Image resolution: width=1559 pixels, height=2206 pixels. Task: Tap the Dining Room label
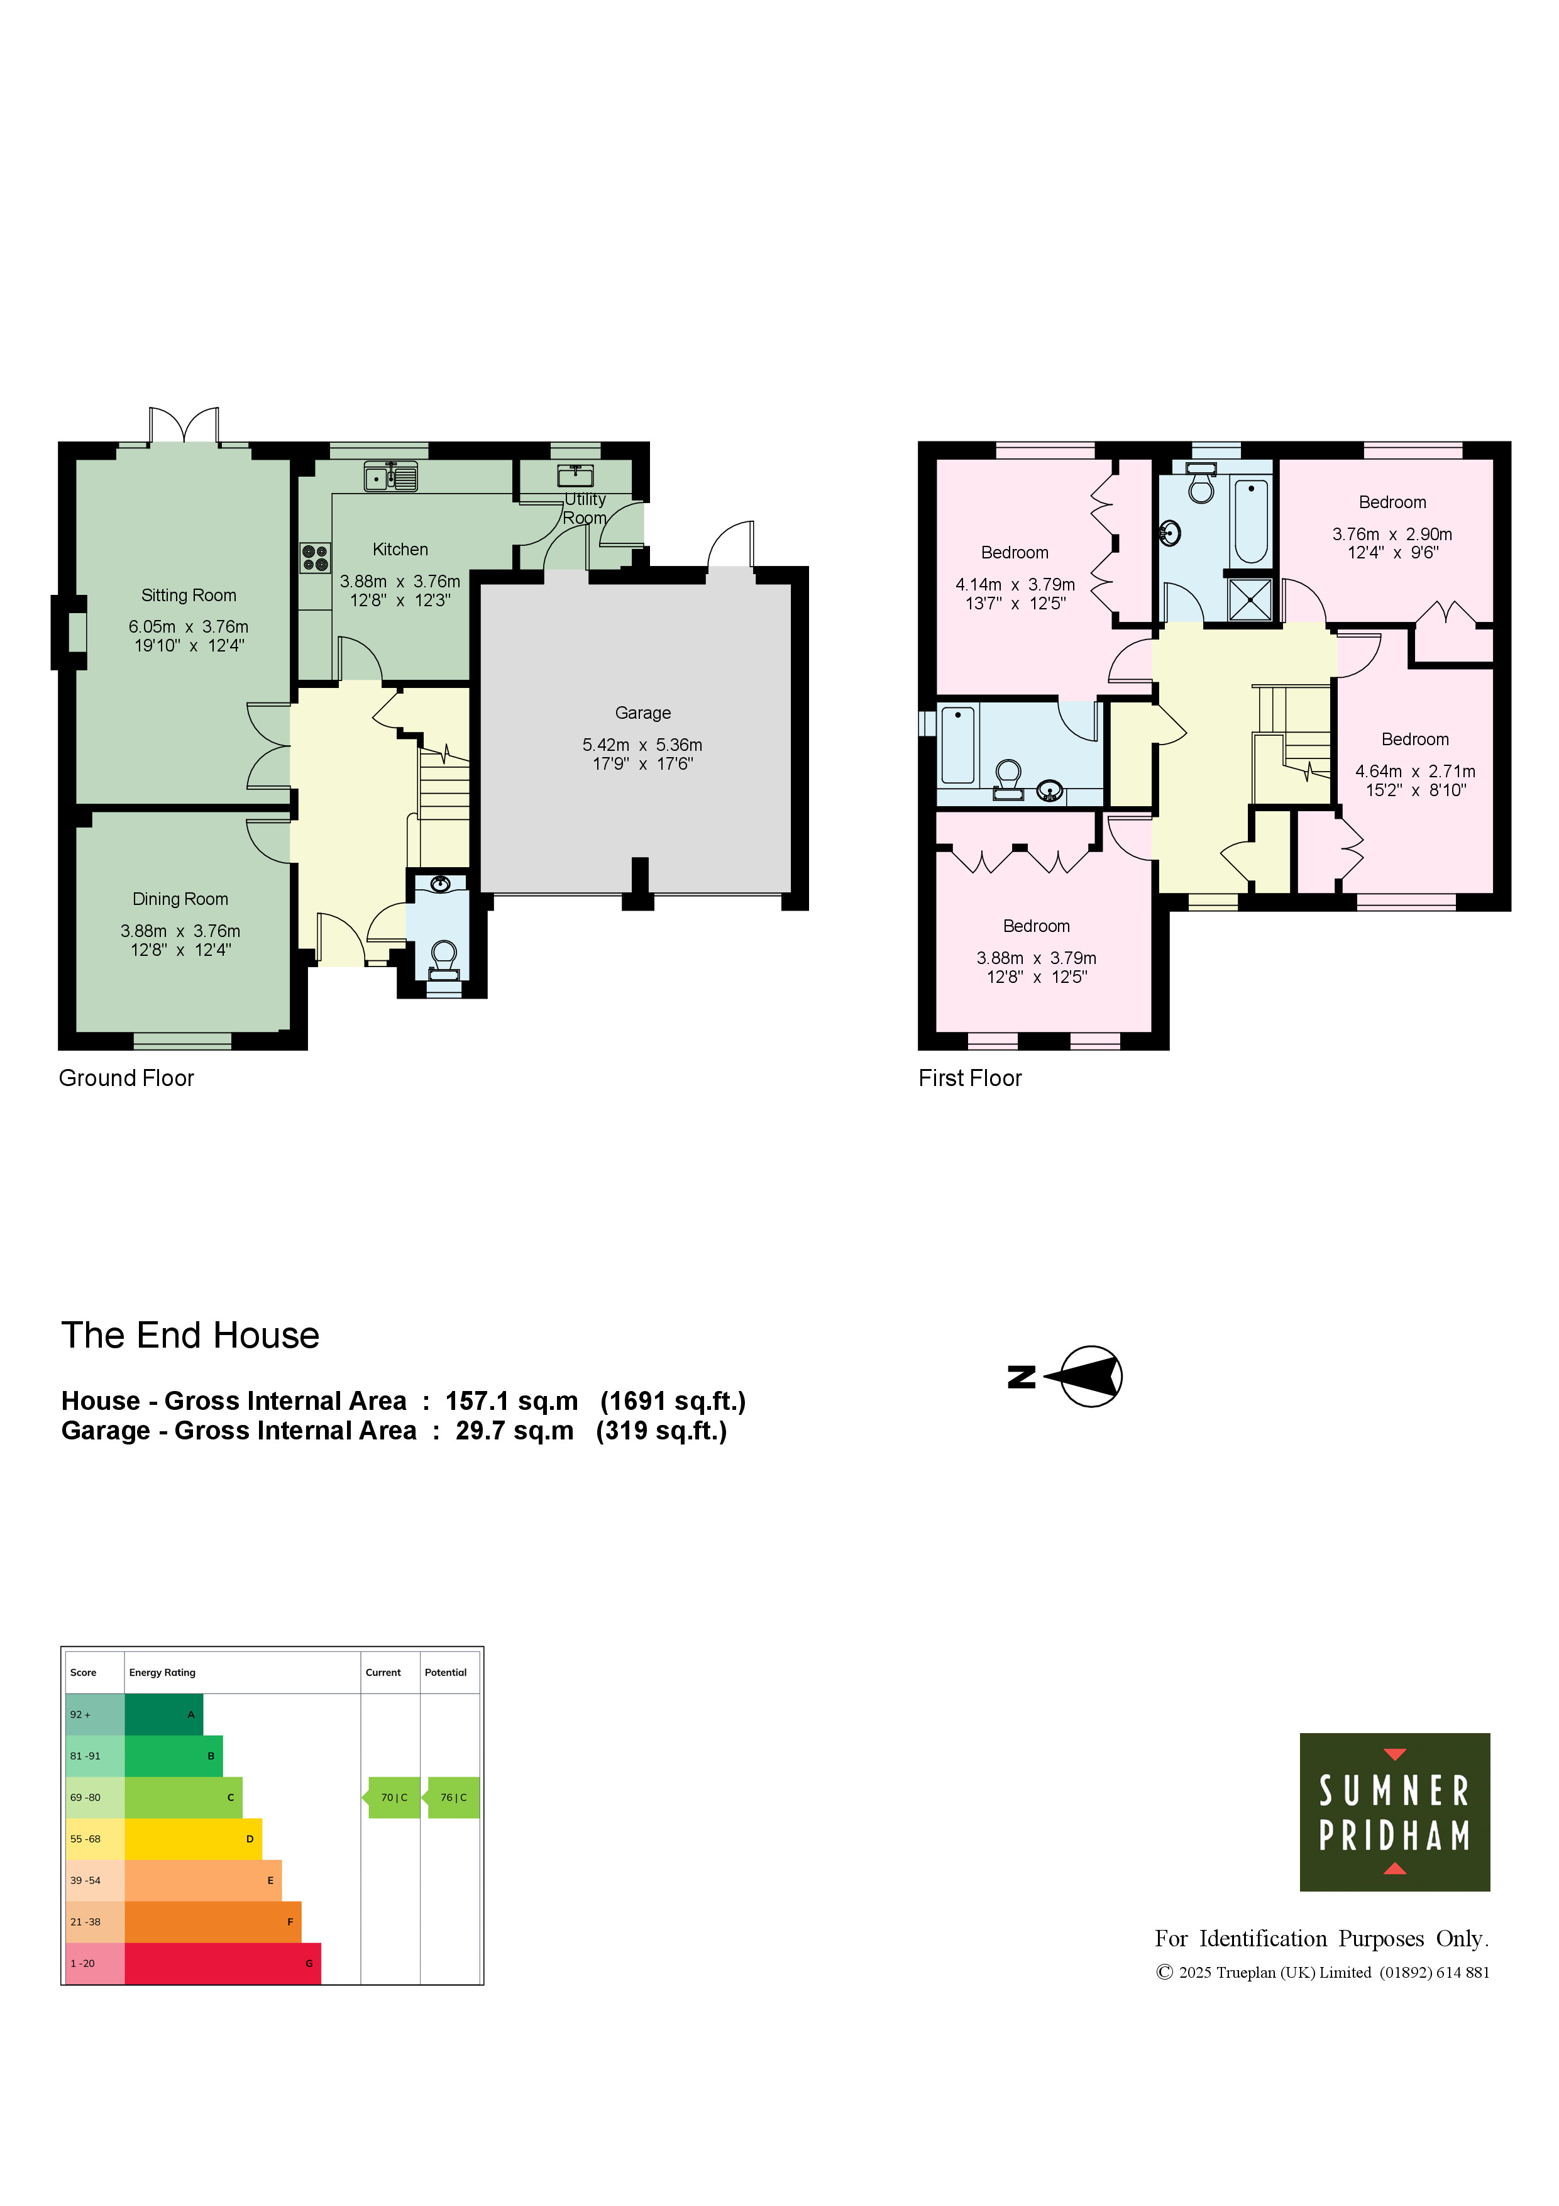tap(180, 899)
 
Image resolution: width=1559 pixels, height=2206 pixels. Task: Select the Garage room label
tap(642, 713)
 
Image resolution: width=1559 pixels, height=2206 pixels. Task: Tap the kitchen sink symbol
tap(391, 477)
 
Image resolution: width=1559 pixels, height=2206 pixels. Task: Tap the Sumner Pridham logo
tap(1394, 1812)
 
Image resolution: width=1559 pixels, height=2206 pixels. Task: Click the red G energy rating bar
tap(223, 1963)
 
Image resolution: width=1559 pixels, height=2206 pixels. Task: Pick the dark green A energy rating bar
tap(163, 1714)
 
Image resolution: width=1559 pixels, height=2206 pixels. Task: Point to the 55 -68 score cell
tap(95, 1839)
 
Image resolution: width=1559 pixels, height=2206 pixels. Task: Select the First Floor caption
tap(969, 1078)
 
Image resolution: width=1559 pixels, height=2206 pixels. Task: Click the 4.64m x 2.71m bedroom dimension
tap(1415, 770)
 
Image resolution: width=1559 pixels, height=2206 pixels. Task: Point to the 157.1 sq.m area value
tap(511, 1401)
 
